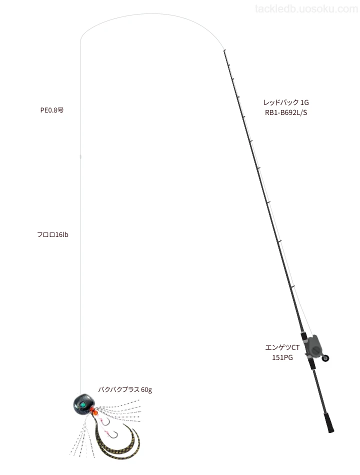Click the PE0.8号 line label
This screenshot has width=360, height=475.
point(52,110)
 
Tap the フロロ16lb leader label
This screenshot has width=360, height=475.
point(52,235)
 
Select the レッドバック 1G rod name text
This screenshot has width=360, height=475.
point(286,102)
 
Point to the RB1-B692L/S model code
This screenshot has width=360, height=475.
point(286,112)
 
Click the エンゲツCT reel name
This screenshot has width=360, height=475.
point(282,347)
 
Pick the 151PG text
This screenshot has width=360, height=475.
point(282,358)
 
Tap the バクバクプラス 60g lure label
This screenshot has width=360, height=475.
point(125,389)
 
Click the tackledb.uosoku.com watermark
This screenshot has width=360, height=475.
point(306,9)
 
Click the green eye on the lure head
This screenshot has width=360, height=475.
point(82,404)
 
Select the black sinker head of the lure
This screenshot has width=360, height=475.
point(83,403)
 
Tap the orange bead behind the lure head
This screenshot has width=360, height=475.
point(94,411)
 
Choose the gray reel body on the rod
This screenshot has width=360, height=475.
point(313,345)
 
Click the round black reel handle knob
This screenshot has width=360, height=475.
point(326,358)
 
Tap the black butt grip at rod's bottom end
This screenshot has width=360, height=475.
point(329,422)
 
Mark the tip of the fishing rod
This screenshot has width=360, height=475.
point(224,50)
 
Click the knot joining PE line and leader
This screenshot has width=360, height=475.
point(80,156)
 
